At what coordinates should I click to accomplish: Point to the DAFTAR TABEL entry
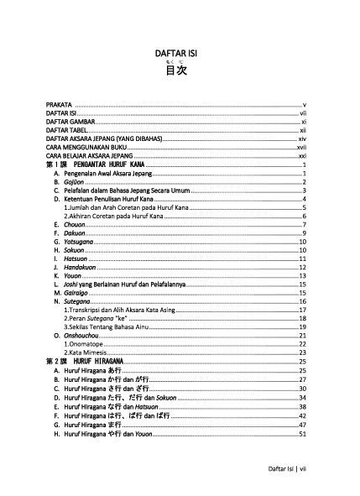[67, 130]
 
